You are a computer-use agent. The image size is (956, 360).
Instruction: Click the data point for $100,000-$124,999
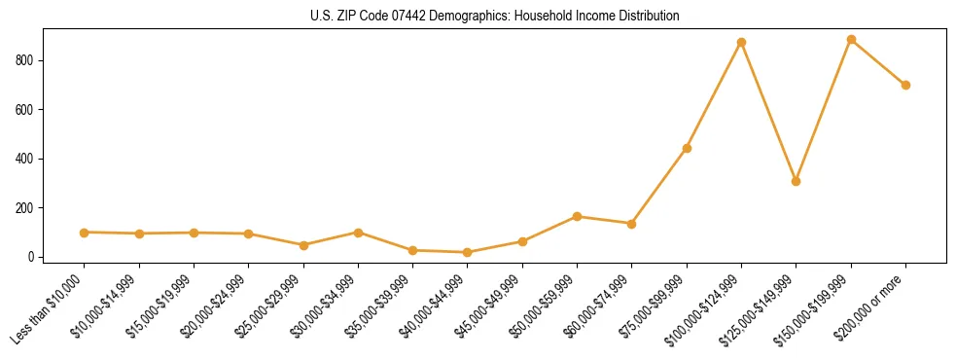click(741, 43)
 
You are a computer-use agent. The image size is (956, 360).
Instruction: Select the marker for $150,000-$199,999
click(851, 40)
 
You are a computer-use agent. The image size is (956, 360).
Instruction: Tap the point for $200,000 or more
click(905, 85)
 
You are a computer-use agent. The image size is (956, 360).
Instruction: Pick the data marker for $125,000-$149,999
click(796, 181)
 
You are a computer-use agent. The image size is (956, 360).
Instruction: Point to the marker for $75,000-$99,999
click(687, 149)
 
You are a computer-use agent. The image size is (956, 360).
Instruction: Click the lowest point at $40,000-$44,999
click(467, 253)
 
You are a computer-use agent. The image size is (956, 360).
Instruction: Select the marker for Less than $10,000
click(84, 233)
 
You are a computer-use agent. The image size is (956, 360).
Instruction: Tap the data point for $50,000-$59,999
click(577, 217)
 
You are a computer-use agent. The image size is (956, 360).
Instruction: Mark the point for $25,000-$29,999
click(302, 245)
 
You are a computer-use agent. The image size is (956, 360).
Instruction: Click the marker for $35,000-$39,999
click(412, 251)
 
